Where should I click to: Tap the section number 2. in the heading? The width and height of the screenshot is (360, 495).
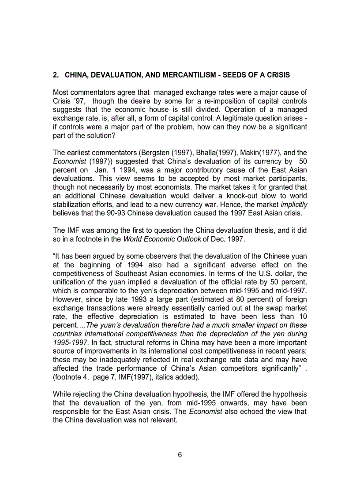pyautogui.click(x=56, y=75)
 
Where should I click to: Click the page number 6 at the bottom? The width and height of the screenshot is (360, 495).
pyautogui.click(x=180, y=455)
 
